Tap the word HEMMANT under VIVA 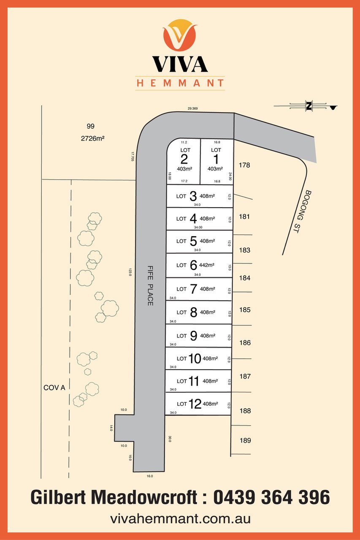click(x=180, y=83)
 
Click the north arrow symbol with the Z click(x=309, y=106)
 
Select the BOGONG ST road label click(x=301, y=211)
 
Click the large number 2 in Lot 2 click(x=184, y=159)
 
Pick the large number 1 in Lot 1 click(x=216, y=159)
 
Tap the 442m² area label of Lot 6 click(x=207, y=265)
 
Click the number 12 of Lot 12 click(x=195, y=404)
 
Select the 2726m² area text click(x=93, y=138)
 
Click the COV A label click(x=54, y=387)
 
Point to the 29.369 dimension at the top click(x=193, y=109)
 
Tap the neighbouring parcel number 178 click(x=244, y=165)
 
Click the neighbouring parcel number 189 click(x=245, y=440)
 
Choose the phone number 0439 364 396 click(x=272, y=498)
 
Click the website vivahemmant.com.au click(x=180, y=518)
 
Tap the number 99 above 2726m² click(x=90, y=126)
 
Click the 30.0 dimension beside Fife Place click(x=170, y=439)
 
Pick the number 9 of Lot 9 click(x=194, y=336)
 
